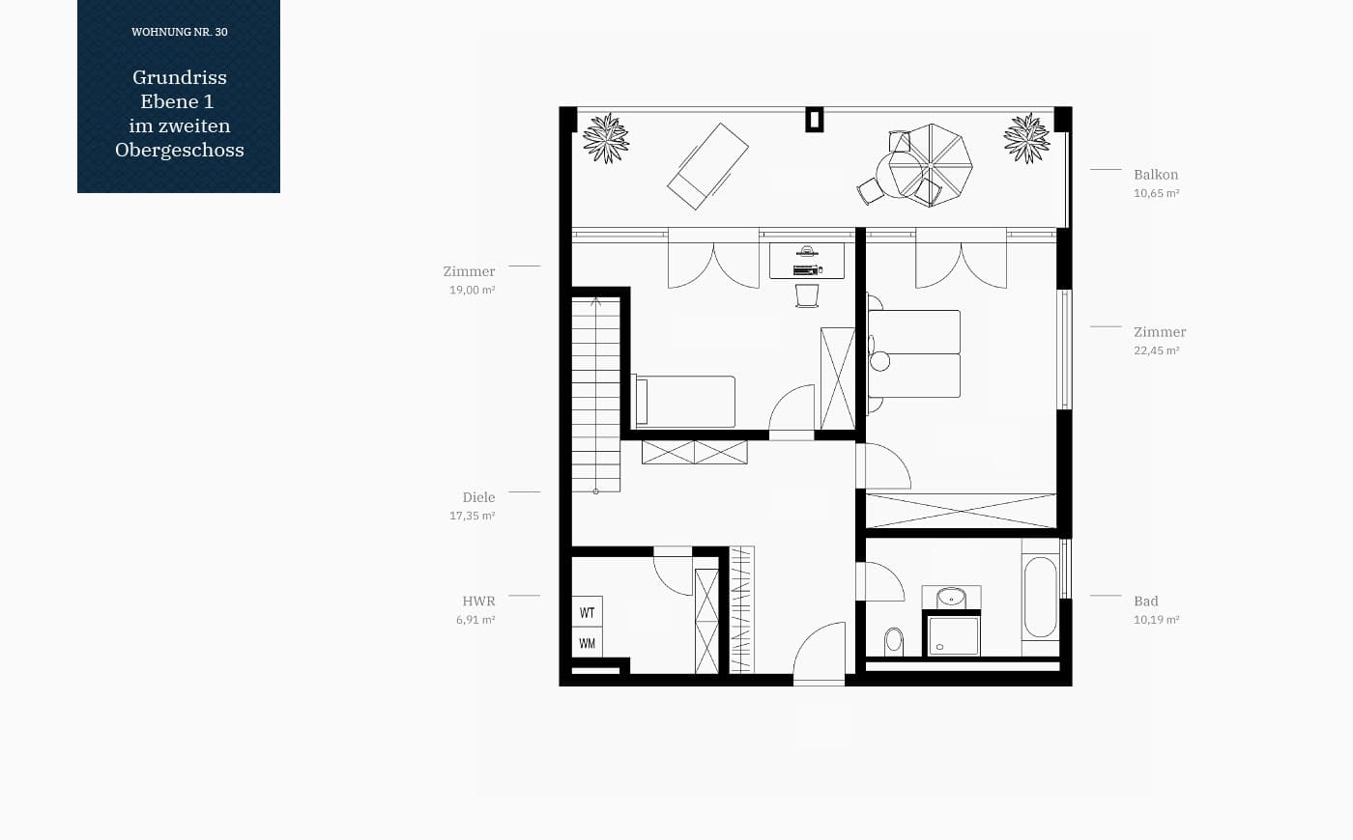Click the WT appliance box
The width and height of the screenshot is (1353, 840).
[588, 612]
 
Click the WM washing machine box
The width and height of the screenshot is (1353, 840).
[588, 643]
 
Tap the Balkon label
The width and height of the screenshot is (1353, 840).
[1156, 175]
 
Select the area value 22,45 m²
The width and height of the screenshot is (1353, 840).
[1156, 350]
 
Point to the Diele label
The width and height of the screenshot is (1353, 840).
[478, 497]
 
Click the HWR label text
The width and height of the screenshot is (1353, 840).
[478, 601]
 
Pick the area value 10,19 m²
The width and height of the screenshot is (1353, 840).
[1156, 620]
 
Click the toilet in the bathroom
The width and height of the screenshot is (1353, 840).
[893, 641]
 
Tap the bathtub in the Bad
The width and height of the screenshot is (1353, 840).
[1040, 598]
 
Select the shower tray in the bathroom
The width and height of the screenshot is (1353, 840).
[953, 635]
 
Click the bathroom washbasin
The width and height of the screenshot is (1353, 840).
[951, 598]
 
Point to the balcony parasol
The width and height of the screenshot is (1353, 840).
[931, 165]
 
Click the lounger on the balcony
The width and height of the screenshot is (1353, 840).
[707, 166]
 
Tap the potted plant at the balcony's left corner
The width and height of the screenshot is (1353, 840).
[606, 138]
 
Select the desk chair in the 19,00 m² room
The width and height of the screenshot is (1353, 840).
[807, 295]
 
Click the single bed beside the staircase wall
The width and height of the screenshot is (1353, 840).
[684, 402]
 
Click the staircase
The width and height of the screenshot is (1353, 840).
[596, 395]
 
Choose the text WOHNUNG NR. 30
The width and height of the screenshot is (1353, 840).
[180, 32]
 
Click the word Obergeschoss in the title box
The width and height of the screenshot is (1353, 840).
[180, 150]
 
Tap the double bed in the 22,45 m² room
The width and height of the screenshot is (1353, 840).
[914, 353]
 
